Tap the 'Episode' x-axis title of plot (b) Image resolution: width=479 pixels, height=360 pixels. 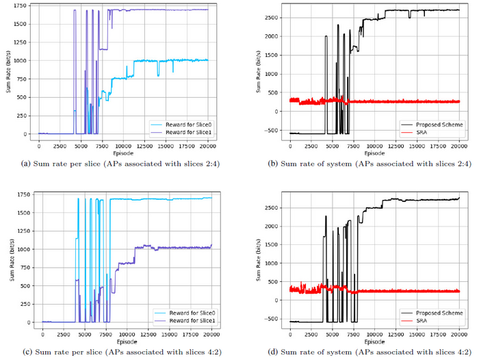[x=375, y=154]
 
